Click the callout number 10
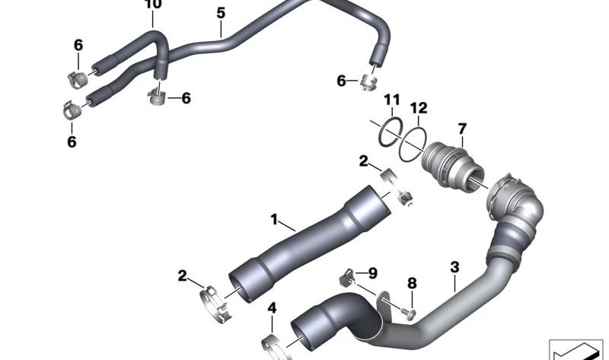[153, 5]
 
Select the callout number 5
[221, 13]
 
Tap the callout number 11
[392, 100]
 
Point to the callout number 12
[419, 108]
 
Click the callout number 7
[462, 129]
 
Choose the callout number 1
[274, 219]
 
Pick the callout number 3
[454, 267]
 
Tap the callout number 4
[272, 308]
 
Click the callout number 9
[372, 273]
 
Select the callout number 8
[412, 283]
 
